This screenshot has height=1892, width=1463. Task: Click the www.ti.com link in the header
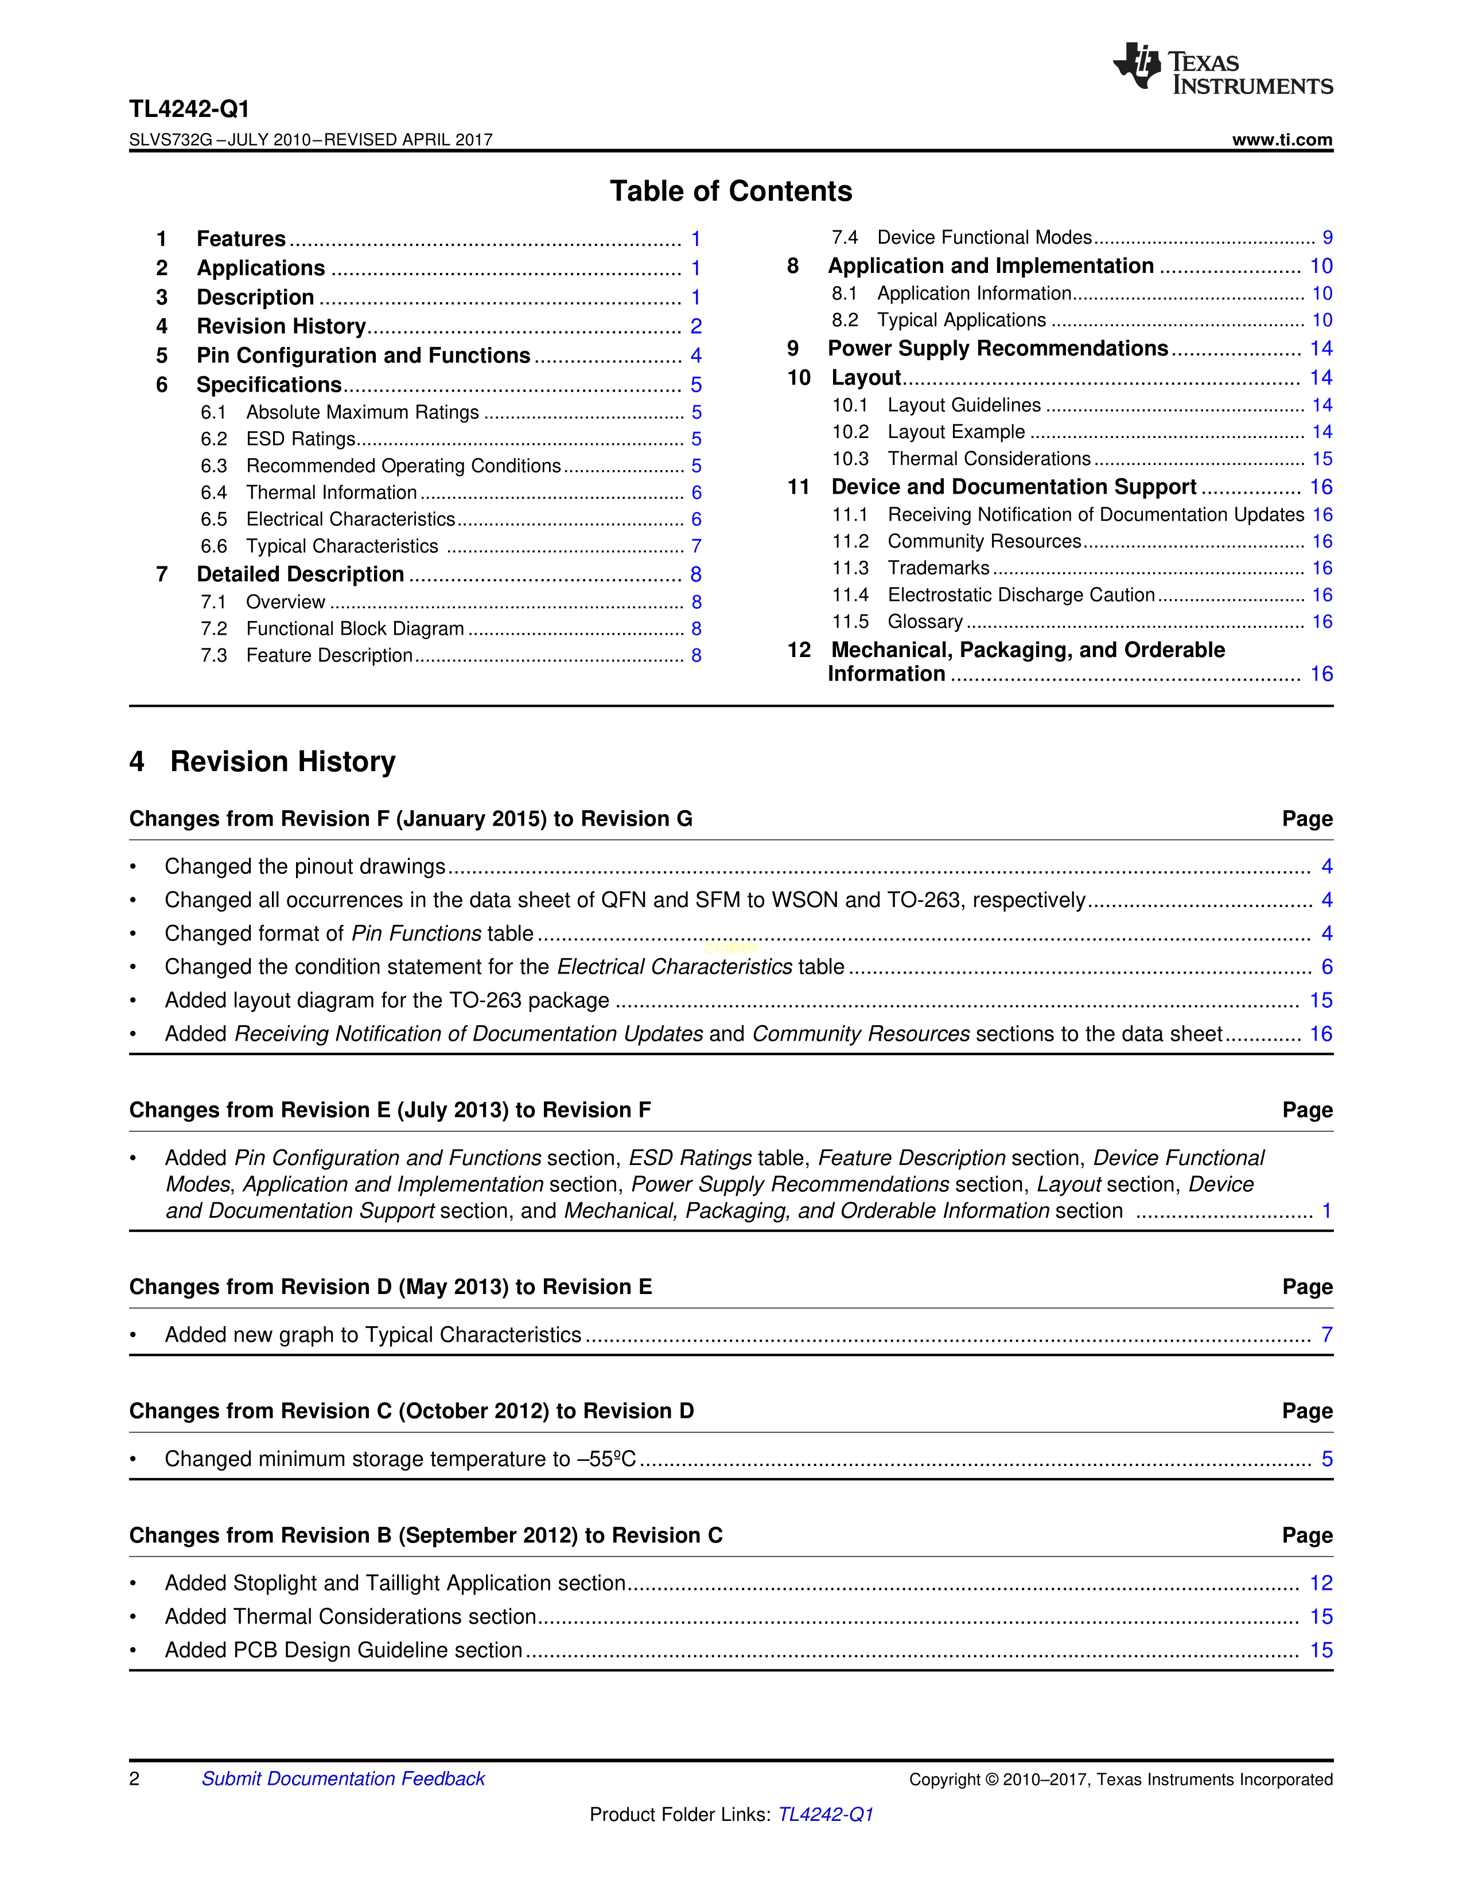1282,139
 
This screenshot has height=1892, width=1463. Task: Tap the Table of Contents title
730,190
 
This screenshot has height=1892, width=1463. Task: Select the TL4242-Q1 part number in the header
189,109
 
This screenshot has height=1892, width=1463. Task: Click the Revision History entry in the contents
281,327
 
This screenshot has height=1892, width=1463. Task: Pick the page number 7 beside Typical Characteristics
696,546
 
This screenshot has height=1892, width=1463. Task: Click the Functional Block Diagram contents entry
355,629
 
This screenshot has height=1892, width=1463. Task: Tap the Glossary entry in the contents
925,622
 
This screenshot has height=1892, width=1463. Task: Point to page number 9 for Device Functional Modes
1327,239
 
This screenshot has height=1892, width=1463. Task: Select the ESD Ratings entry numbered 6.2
301,439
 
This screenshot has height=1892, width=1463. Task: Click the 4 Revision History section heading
263,761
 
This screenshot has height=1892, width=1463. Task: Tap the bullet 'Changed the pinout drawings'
305,866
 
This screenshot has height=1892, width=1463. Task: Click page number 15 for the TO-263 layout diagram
1320,1000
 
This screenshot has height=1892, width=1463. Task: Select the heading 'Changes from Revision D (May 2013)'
390,1287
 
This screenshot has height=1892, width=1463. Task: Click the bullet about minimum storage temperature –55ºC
400,1460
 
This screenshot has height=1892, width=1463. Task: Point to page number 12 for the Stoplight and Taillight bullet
1320,1584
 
